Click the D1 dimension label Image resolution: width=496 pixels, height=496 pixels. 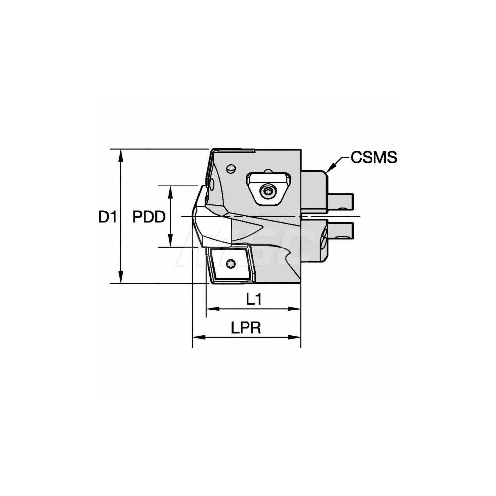(107, 217)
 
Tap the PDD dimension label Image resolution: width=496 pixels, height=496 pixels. (149, 217)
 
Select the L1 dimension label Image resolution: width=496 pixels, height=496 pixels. (253, 299)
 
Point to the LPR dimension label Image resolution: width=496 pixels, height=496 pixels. (247, 328)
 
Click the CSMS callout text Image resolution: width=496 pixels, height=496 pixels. (374, 158)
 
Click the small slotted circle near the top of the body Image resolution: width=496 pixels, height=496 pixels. (232, 168)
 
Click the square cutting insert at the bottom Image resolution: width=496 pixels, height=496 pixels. (229, 265)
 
